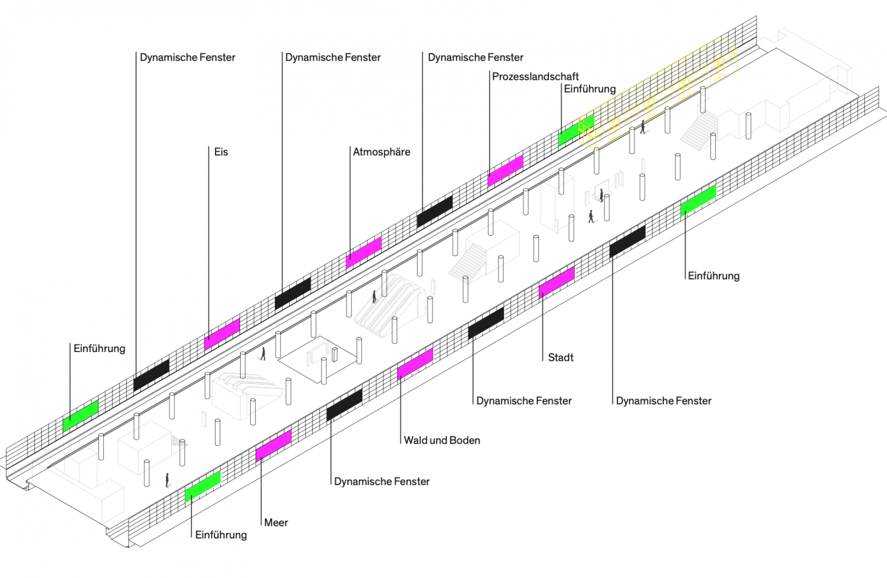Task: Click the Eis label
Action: point(221,152)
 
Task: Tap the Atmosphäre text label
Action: point(381,152)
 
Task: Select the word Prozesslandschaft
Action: point(535,77)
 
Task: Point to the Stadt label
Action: point(561,357)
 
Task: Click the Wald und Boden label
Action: point(442,440)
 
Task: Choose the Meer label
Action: point(276,523)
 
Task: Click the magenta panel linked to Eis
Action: point(222,334)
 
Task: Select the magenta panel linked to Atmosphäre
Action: point(364,252)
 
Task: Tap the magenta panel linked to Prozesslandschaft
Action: point(505,171)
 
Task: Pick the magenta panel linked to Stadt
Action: point(557,281)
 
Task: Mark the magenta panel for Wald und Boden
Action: point(415,363)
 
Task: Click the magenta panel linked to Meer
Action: point(273,445)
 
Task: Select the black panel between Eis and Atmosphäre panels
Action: point(293,293)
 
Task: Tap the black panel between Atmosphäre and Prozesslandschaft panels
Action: point(434,211)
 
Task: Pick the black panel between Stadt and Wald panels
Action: point(486,322)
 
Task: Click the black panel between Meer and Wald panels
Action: point(344,404)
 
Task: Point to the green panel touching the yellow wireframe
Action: point(576,130)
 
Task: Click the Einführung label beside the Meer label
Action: point(221,535)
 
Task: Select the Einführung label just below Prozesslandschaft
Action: point(590,89)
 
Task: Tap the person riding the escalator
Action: point(374,296)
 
